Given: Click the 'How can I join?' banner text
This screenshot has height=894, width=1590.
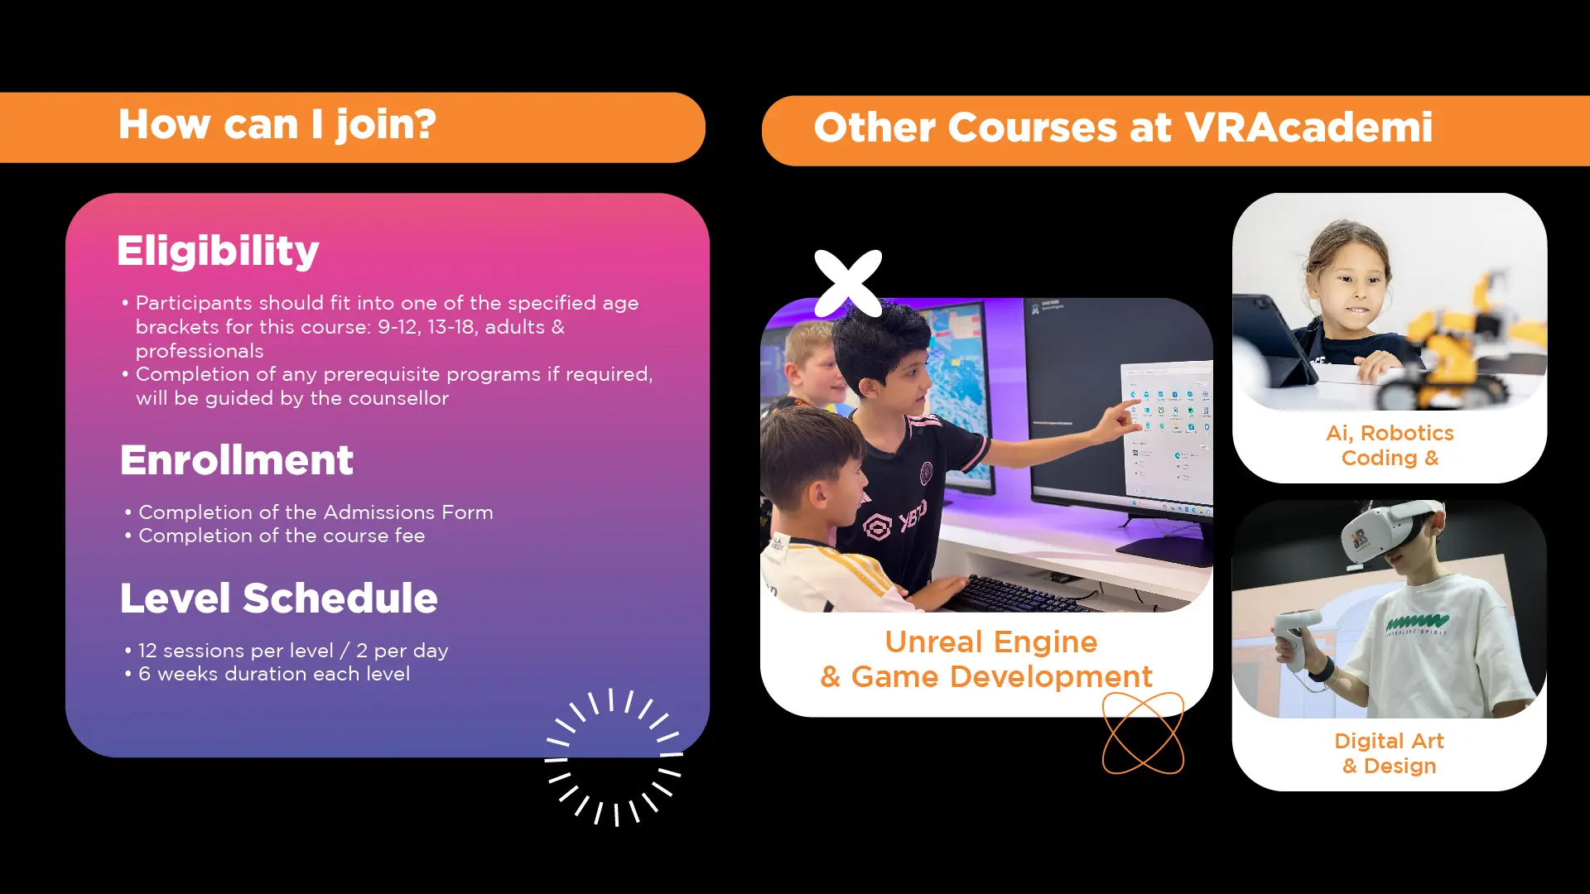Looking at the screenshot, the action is click(x=277, y=126).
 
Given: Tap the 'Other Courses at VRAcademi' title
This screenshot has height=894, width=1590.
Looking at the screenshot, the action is click(x=1123, y=127).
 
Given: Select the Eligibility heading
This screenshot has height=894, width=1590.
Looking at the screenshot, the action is click(x=218, y=252).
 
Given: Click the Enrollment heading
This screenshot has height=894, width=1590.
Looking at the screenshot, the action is click(x=237, y=460).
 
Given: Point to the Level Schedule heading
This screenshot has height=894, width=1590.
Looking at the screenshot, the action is click(x=279, y=598).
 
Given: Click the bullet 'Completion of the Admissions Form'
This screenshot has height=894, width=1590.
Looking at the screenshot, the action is click(x=316, y=512).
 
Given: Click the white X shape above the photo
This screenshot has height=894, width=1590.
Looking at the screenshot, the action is click(x=848, y=283).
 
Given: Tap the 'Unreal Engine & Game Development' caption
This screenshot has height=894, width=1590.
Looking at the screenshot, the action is click(x=986, y=659).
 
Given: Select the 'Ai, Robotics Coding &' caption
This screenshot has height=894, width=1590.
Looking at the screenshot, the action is click(x=1390, y=445).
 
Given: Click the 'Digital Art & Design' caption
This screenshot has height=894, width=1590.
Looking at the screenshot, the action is click(x=1390, y=753).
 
